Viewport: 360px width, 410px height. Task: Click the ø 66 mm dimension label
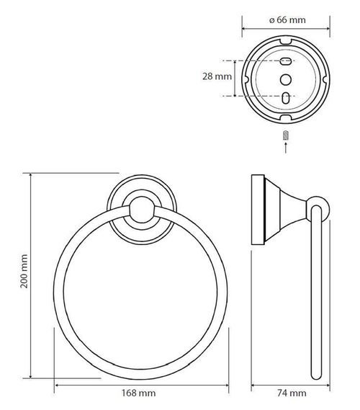(287, 20)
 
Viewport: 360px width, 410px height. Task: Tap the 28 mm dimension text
(217, 76)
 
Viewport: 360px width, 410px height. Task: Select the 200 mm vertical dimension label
(24, 271)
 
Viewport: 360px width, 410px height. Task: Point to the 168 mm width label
(138, 393)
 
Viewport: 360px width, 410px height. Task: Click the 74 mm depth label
(292, 393)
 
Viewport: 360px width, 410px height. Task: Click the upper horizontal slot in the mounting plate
(286, 61)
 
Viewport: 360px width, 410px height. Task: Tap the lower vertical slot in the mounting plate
(286, 97)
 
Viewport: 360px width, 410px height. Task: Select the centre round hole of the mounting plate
(286, 79)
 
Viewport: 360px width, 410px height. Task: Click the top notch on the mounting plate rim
(286, 42)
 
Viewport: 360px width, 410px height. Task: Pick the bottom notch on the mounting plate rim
(286, 117)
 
